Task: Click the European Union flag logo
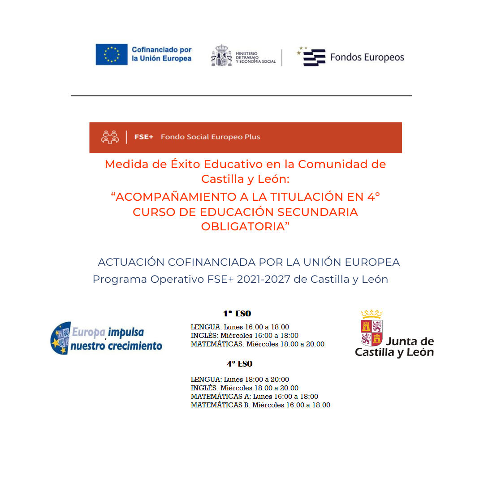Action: (x=111, y=54)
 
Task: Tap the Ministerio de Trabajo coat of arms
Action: (x=221, y=56)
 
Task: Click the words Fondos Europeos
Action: (x=367, y=57)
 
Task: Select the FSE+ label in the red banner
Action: (x=144, y=137)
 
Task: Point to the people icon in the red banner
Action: (x=110, y=137)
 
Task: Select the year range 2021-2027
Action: (x=264, y=279)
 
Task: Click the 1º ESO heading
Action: (x=237, y=314)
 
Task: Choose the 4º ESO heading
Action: (x=239, y=364)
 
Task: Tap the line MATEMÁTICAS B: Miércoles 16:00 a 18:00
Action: (x=260, y=405)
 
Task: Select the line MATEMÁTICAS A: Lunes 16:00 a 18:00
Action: (x=254, y=397)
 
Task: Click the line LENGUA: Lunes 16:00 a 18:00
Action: (x=240, y=327)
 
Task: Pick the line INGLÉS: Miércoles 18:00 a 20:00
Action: (x=244, y=388)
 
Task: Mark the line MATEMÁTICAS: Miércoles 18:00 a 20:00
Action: (x=257, y=344)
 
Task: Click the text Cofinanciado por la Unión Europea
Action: (x=161, y=54)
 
